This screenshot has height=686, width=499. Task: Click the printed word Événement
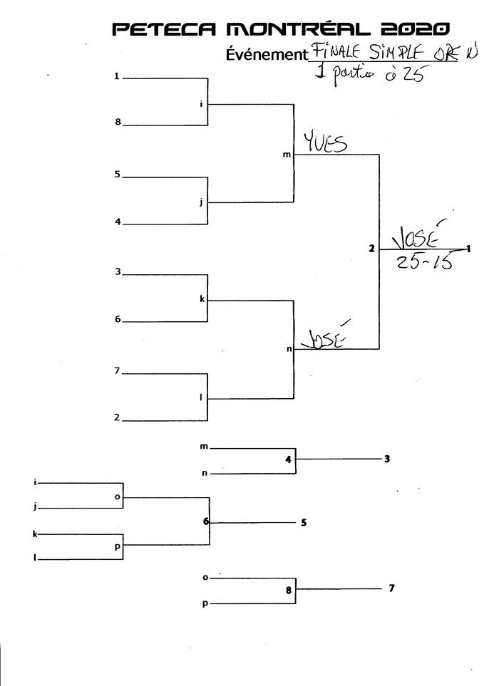coord(264,54)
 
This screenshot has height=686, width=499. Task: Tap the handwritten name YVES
coord(325,144)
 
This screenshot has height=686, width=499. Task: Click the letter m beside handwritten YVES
coord(287,155)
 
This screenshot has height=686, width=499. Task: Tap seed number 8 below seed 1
coord(118,123)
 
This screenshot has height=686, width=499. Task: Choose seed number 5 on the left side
coord(118,175)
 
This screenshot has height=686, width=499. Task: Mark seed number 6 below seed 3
coord(118,319)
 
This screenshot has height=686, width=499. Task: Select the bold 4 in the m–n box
coord(288,459)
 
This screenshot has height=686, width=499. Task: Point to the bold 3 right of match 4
coord(387,459)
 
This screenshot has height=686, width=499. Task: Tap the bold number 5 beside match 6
coord(304,522)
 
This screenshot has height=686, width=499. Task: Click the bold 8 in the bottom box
coord(288,590)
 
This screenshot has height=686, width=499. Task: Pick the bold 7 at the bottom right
coord(391,588)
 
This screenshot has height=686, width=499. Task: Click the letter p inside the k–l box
coord(117,547)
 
